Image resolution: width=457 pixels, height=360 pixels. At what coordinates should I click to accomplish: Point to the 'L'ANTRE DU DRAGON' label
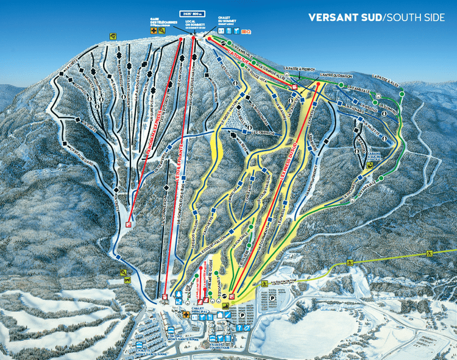(332, 76)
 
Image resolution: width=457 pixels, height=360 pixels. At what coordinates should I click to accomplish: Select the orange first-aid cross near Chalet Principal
(186, 315)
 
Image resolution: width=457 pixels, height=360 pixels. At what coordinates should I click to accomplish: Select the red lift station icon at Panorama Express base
(129, 224)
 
